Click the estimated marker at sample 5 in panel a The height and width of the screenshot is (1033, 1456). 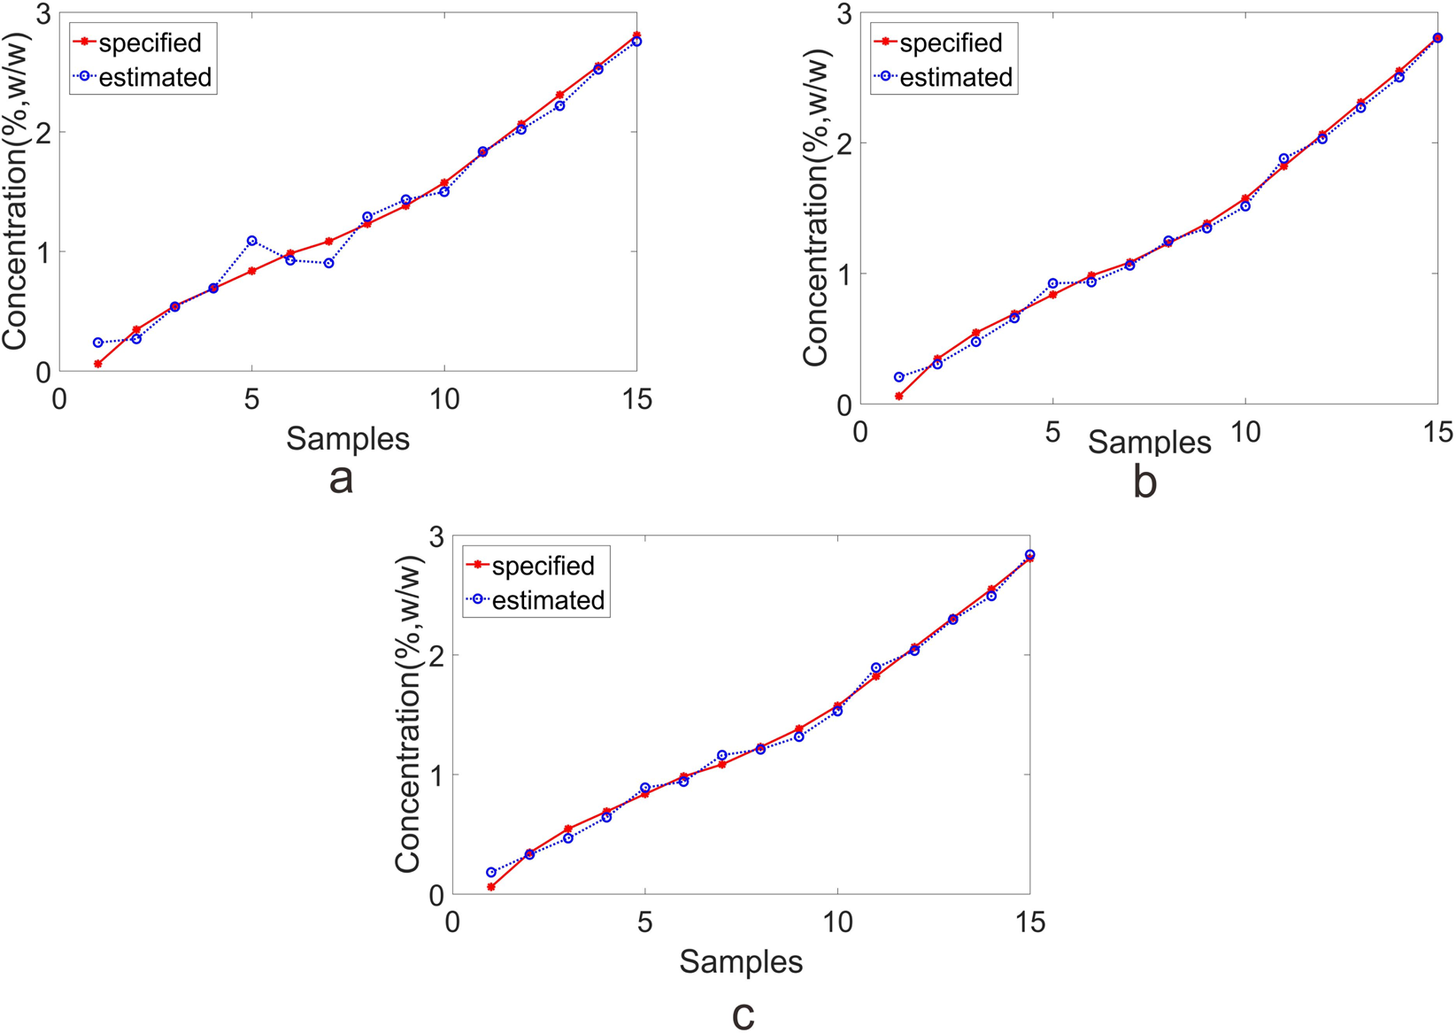click(x=252, y=241)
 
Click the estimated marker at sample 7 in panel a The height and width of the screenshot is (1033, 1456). click(x=329, y=263)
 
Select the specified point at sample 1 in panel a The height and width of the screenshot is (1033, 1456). click(x=98, y=364)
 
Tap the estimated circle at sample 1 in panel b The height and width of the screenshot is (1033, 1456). click(x=899, y=377)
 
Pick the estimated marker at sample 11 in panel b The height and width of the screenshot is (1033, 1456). click(x=1284, y=158)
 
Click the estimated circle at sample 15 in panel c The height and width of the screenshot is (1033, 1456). click(x=1029, y=555)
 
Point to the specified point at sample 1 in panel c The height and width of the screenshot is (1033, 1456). click(x=491, y=887)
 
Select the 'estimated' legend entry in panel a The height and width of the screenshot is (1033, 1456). click(x=155, y=78)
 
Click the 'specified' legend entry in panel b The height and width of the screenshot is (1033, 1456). click(x=951, y=42)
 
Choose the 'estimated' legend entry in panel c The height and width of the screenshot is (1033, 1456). click(x=548, y=600)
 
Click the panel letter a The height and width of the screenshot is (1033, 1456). click(x=341, y=479)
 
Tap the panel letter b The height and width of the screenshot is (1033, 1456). click(x=1145, y=483)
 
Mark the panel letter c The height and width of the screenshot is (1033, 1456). click(x=743, y=1014)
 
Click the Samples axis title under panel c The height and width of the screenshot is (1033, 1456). click(x=741, y=962)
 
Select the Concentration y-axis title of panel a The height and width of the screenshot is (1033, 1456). click(x=19, y=190)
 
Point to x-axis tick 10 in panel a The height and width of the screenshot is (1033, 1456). click(x=443, y=400)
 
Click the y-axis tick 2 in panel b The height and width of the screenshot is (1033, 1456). click(x=841, y=143)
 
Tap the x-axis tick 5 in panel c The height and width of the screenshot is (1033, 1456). click(x=645, y=923)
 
